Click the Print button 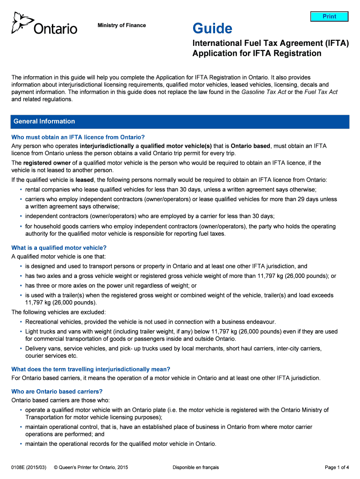[x=330, y=16]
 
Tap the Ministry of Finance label [x=122, y=25]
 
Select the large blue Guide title [x=212, y=29]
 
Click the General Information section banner [x=180, y=122]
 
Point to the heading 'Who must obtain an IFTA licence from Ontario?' [x=78, y=137]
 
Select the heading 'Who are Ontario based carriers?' [x=57, y=392]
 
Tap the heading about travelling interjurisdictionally [x=91, y=369]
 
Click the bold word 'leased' [x=85, y=180]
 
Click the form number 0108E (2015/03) [x=29, y=467]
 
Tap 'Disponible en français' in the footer [x=195, y=467]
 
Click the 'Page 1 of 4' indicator [x=337, y=467]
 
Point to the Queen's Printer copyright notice [x=91, y=467]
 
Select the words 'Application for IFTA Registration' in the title [x=257, y=53]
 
